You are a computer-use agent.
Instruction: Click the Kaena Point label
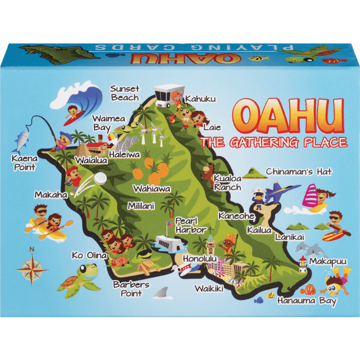pyautogui.click(x=24, y=163)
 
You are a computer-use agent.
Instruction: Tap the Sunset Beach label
pyautogui.click(x=124, y=93)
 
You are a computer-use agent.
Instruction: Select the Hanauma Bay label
pyautogui.click(x=307, y=301)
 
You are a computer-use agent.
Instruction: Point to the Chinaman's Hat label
pyautogui.click(x=299, y=172)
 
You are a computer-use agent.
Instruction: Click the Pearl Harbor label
pyautogui.click(x=187, y=224)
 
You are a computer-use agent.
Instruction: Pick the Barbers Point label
pyautogui.click(x=130, y=289)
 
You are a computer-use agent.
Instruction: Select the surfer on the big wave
pyautogui.click(x=73, y=114)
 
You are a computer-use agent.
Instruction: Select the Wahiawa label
pyautogui.click(x=151, y=188)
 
